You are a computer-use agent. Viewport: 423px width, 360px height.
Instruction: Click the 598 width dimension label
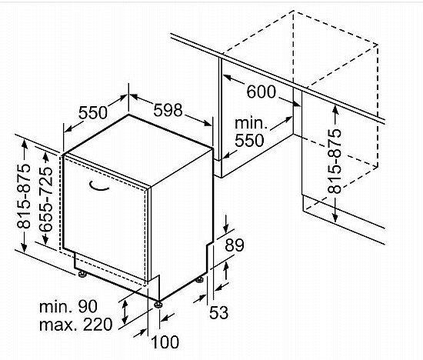[168, 110]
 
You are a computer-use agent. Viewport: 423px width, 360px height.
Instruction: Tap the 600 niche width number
[261, 92]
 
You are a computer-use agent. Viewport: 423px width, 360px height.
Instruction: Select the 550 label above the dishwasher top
[93, 112]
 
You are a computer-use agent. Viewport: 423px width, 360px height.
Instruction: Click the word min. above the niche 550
[251, 123]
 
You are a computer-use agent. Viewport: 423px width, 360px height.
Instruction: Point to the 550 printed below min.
[249, 140]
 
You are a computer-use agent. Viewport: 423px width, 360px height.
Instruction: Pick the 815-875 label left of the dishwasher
[24, 196]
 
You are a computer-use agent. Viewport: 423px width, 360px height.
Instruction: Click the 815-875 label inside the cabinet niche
[335, 162]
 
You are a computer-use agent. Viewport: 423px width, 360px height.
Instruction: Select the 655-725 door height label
[45, 199]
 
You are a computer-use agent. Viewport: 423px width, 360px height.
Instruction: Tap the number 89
[235, 245]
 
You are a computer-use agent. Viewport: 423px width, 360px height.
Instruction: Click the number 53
[218, 312]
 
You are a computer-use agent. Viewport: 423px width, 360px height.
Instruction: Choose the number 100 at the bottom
[165, 342]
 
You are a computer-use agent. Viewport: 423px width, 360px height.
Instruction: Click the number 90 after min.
[88, 307]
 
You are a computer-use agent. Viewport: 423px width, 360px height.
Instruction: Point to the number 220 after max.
[98, 325]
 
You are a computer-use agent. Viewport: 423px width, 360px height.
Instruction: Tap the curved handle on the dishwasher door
[98, 186]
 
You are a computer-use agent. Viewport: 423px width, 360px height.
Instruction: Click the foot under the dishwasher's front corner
[158, 305]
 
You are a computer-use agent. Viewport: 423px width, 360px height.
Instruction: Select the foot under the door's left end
[82, 274]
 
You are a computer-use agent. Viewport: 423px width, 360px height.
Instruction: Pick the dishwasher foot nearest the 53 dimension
[199, 280]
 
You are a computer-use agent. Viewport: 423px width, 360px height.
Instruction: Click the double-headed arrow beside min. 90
[125, 312]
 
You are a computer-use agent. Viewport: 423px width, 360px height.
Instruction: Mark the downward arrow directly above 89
[226, 224]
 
